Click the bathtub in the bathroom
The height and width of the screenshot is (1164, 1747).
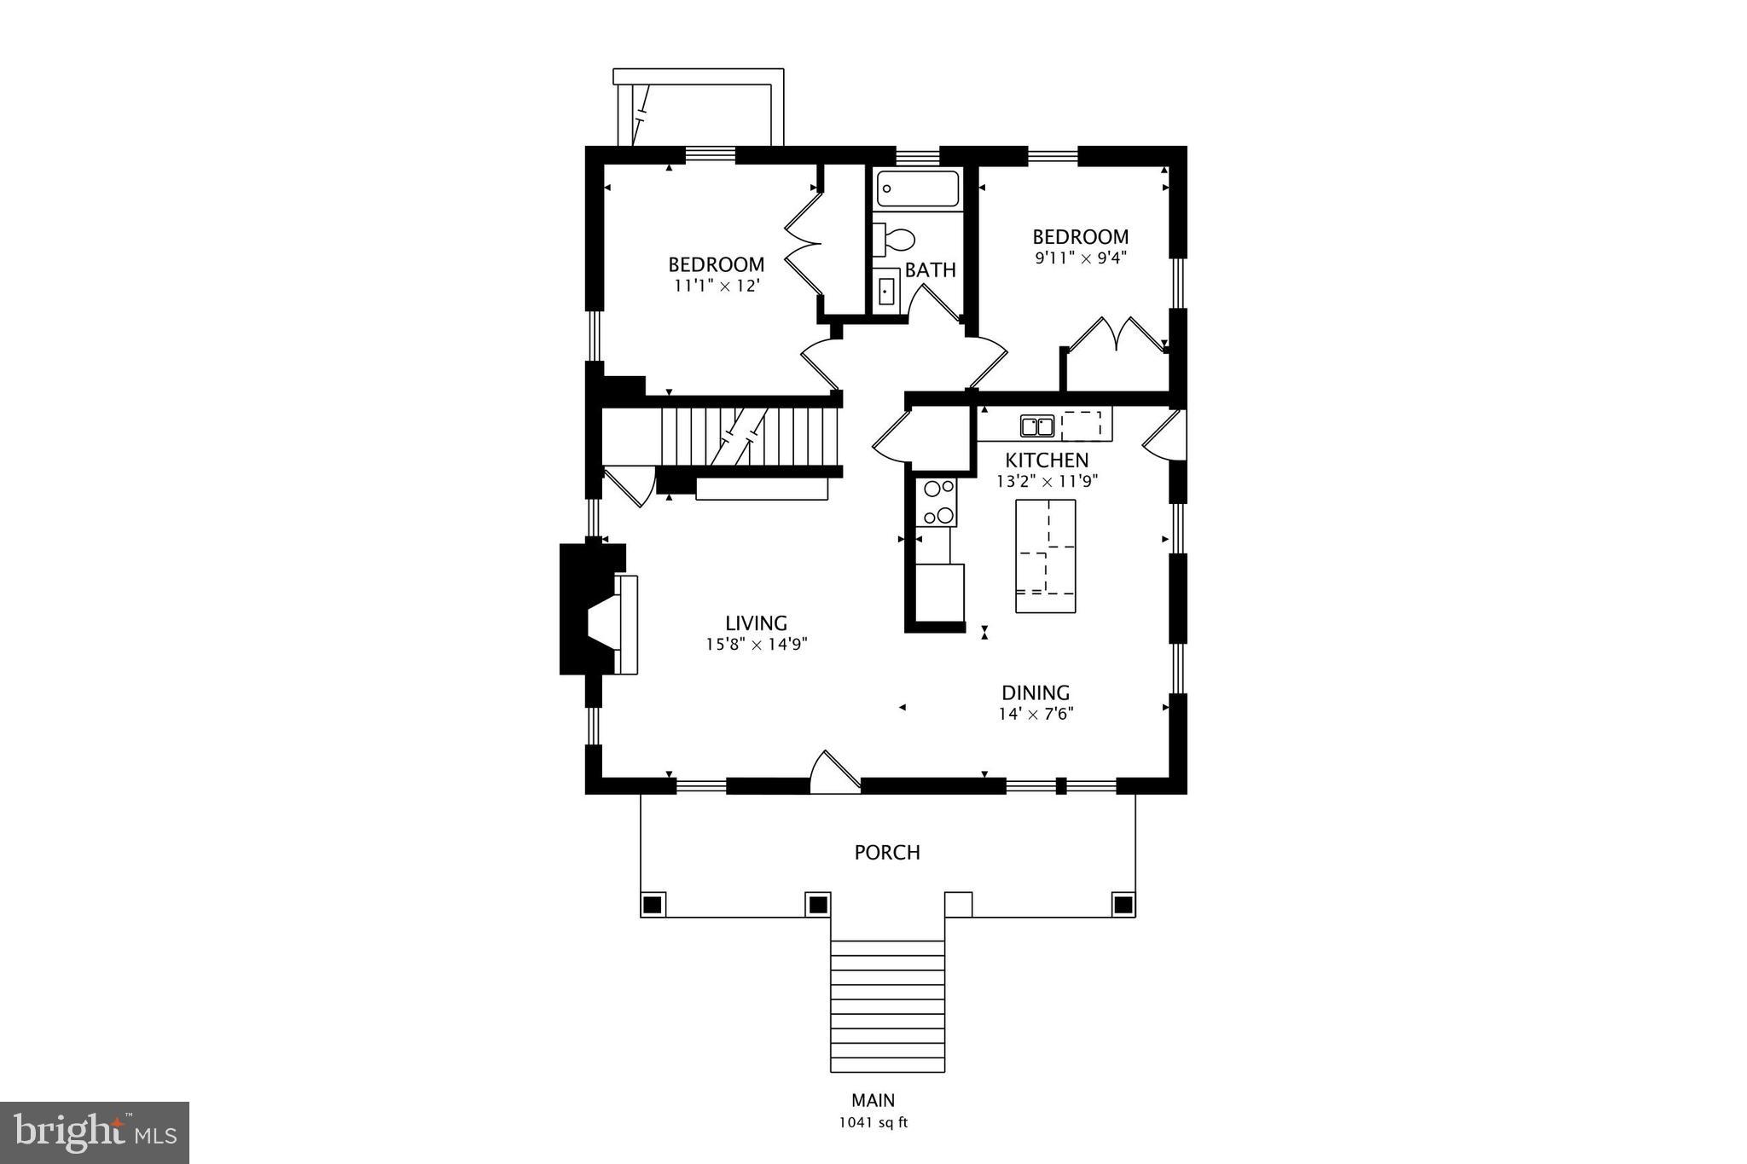click(918, 188)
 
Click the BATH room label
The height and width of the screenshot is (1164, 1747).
click(930, 270)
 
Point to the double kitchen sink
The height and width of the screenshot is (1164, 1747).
click(1036, 425)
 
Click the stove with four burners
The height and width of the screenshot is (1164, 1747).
click(937, 502)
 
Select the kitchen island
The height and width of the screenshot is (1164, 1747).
click(1045, 556)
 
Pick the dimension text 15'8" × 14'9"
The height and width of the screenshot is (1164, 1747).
click(756, 645)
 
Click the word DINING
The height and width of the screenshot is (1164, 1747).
click(1035, 692)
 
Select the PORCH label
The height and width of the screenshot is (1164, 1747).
click(887, 852)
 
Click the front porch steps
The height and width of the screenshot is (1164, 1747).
click(887, 1006)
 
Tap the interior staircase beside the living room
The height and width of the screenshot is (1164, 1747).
click(751, 437)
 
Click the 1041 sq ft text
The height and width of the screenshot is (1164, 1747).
click(873, 1122)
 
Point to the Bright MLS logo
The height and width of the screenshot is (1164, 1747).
click(94, 1132)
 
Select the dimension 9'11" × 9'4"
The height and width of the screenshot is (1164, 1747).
click(1081, 258)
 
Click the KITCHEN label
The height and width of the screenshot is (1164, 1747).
click(1046, 460)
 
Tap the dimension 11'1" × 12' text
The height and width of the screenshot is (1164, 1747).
click(717, 286)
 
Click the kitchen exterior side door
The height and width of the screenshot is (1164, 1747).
click(1164, 435)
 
